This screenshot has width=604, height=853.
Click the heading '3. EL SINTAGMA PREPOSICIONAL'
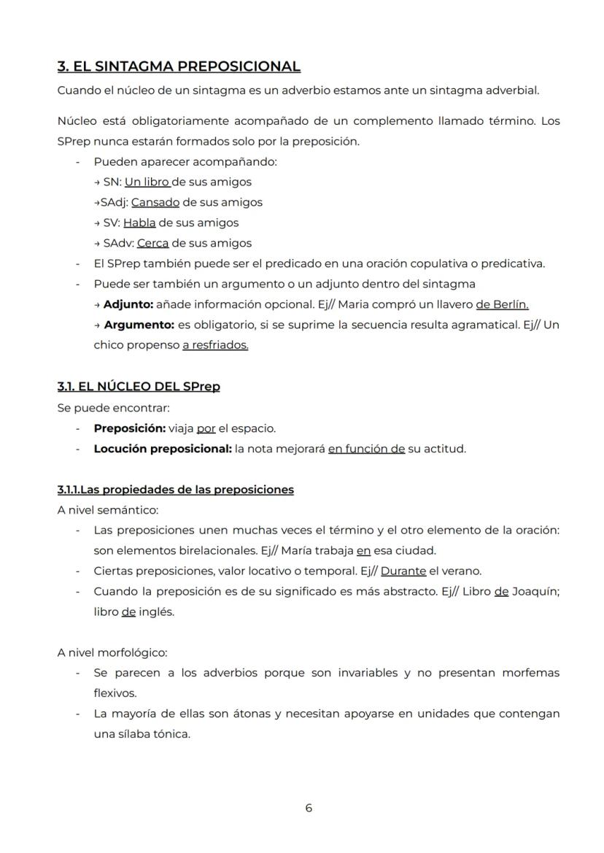179,66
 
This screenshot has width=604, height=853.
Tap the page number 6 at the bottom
309,808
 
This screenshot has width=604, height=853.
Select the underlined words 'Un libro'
147,182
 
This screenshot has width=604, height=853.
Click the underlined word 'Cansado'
155,202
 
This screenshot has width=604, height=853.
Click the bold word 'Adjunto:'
128,304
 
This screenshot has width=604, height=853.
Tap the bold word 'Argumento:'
137,325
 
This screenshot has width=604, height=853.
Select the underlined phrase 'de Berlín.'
502,304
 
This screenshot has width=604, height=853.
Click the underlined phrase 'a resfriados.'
215,345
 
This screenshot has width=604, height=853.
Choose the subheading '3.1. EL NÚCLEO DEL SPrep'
139,387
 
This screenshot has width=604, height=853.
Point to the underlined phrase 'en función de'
366,449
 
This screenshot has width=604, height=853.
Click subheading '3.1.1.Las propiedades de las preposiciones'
176,490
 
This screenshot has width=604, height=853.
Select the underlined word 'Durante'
403,571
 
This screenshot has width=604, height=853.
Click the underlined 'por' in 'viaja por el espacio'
206,428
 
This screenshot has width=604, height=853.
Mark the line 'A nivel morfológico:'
112,653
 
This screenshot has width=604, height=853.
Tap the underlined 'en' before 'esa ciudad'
363,551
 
